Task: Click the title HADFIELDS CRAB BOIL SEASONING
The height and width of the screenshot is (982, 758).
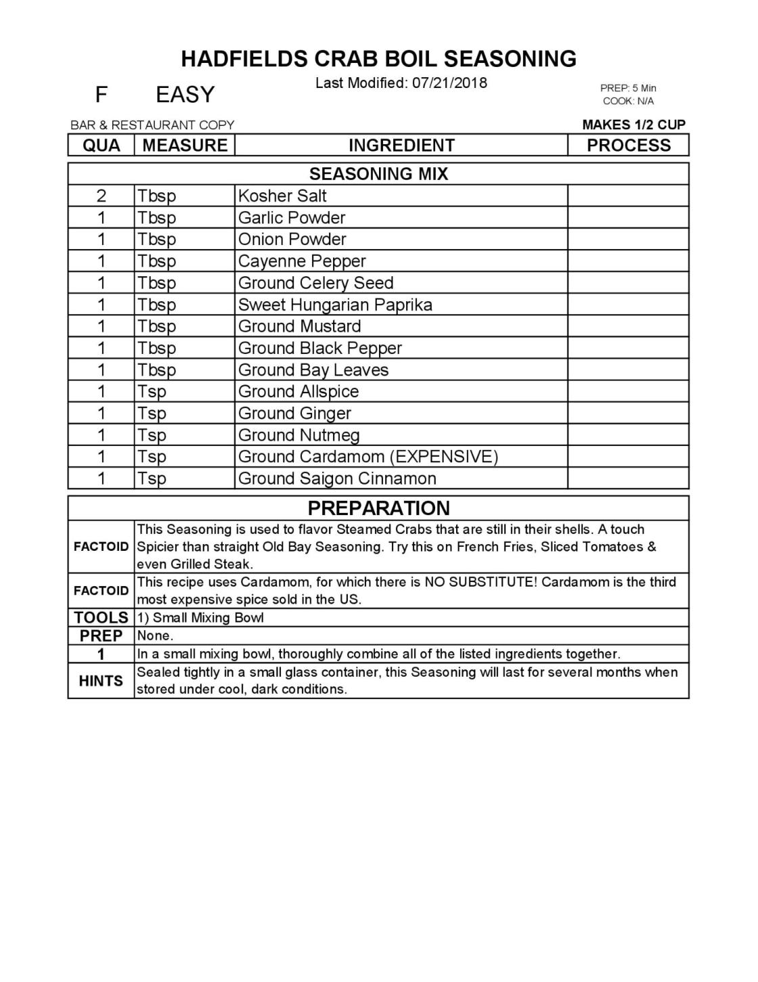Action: pyautogui.click(x=378, y=59)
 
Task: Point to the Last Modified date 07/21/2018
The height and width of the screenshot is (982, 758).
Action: pyautogui.click(x=449, y=83)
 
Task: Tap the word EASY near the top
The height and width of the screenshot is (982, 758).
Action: pyautogui.click(x=185, y=95)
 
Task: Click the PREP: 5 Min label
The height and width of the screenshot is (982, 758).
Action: pyautogui.click(x=628, y=88)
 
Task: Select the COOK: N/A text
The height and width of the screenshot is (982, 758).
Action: pyautogui.click(x=628, y=101)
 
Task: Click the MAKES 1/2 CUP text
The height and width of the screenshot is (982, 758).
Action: pyautogui.click(x=633, y=125)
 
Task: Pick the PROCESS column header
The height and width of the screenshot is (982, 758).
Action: pyautogui.click(x=628, y=146)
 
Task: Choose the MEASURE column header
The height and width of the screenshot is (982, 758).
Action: pyautogui.click(x=185, y=146)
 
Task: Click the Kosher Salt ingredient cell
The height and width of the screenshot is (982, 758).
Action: pyautogui.click(x=282, y=196)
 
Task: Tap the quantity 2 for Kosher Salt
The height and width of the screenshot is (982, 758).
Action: pyautogui.click(x=102, y=196)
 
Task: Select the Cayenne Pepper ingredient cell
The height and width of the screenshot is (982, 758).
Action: pyautogui.click(x=302, y=261)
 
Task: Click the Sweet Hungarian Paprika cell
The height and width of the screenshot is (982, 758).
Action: pyautogui.click(x=335, y=305)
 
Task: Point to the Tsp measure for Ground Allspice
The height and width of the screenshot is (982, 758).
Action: pyautogui.click(x=152, y=391)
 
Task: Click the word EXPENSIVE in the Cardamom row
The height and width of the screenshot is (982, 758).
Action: pyautogui.click(x=443, y=457)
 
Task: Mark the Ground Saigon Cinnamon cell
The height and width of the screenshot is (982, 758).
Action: pyautogui.click(x=337, y=478)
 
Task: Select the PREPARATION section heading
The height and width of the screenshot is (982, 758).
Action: pyautogui.click(x=378, y=508)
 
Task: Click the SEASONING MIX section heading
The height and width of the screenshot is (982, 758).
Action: pyautogui.click(x=378, y=174)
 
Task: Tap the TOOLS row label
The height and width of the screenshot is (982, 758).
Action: pyautogui.click(x=102, y=617)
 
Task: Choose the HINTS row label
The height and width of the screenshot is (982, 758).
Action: pyautogui.click(x=102, y=681)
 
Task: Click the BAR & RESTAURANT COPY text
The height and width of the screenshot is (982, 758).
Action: pyautogui.click(x=152, y=125)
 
